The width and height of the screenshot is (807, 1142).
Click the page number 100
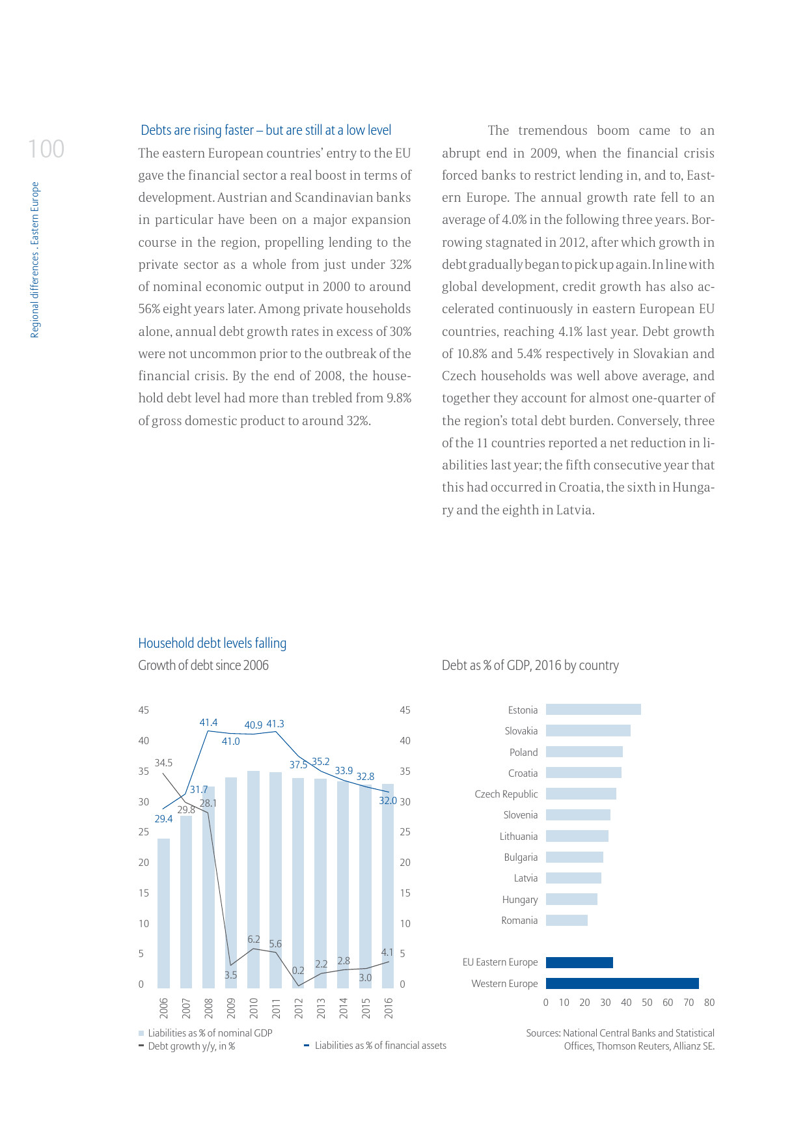(46, 149)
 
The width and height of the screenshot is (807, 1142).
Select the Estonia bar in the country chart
(593, 710)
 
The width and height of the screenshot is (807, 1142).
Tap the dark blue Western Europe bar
(622, 983)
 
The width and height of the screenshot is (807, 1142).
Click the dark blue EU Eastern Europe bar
(579, 962)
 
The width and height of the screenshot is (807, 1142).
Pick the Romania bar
(566, 920)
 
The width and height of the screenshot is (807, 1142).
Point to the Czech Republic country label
(506, 794)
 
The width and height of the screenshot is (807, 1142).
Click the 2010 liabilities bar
(253, 879)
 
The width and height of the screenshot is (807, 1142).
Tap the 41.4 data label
(208, 723)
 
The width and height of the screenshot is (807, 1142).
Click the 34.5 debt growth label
(163, 762)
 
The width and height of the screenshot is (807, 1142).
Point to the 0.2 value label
(298, 970)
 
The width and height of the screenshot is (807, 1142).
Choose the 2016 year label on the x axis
(389, 1008)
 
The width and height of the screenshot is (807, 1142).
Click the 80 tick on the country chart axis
(709, 1003)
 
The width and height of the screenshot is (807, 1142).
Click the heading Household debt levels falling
(212, 643)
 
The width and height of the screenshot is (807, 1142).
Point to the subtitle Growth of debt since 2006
(203, 665)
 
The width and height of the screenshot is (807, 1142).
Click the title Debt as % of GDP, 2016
(530, 665)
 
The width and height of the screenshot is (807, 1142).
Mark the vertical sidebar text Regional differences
(35, 260)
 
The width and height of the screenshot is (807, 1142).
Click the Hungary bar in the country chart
(571, 899)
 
